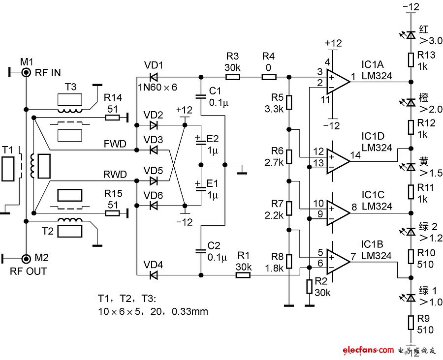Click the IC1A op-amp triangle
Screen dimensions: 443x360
point(338,82)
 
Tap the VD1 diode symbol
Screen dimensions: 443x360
point(154,77)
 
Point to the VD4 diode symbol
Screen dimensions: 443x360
point(154,275)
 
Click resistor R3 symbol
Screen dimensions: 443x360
point(232,77)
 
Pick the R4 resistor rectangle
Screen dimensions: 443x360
point(269,77)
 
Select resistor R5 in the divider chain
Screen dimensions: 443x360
point(289,102)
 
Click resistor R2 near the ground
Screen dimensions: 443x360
point(310,287)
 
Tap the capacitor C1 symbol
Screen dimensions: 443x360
point(201,96)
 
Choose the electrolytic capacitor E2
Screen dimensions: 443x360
point(201,142)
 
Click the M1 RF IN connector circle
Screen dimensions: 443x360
point(26,73)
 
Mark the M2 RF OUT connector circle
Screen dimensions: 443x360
point(26,259)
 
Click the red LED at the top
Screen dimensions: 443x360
point(411,35)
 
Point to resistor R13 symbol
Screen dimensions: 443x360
point(411,60)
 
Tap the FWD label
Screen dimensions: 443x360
point(115,144)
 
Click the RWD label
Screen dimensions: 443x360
point(115,175)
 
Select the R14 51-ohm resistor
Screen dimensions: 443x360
point(112,117)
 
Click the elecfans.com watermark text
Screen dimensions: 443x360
point(368,350)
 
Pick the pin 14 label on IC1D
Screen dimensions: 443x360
point(356,155)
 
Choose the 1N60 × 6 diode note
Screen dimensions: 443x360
point(158,87)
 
